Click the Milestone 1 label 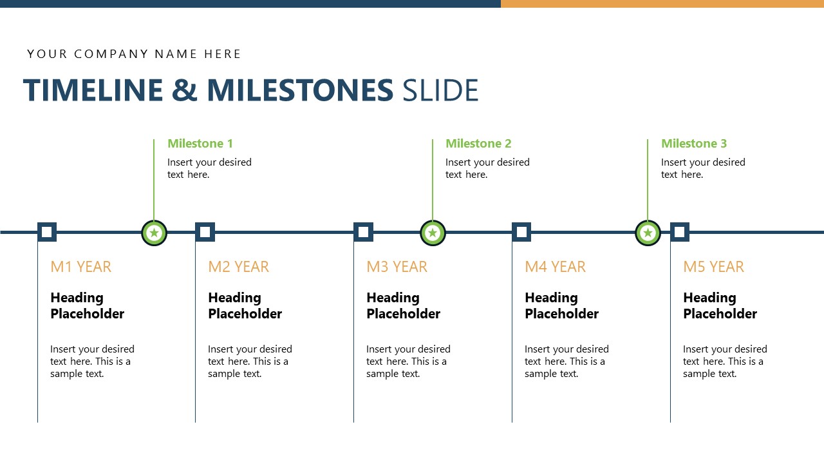coord(200,143)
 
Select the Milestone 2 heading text coord(478,143)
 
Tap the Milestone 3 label coord(694,143)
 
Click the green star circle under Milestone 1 coord(154,233)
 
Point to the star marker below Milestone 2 coord(433,233)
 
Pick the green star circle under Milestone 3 coord(648,233)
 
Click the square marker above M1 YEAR coord(47,232)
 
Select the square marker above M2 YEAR coord(205,232)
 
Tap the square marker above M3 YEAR coord(364,232)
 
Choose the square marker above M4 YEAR coord(521,232)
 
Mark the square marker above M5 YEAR coord(680,232)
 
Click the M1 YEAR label coord(80,267)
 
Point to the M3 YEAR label coord(397,267)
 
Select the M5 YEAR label coord(713,267)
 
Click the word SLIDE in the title coord(440,90)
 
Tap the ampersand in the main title coord(185,90)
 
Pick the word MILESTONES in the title coord(300,90)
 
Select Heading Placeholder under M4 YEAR coord(561,305)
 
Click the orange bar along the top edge coord(662,4)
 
